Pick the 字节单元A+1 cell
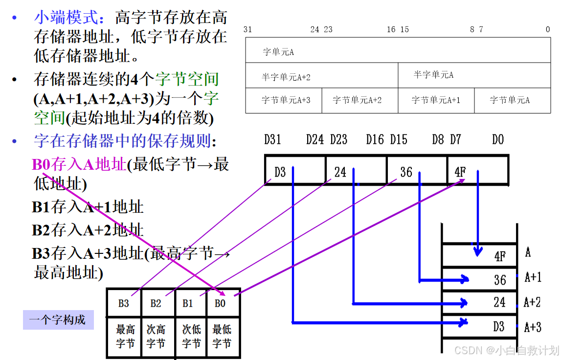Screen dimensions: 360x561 click(x=436, y=100)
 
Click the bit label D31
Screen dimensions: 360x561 click(x=272, y=140)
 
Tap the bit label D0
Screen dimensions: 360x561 click(x=498, y=140)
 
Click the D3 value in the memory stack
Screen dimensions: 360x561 click(x=499, y=326)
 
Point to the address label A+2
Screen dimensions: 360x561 click(x=532, y=302)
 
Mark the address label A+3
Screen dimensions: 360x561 click(x=533, y=327)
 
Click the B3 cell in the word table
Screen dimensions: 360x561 click(x=124, y=303)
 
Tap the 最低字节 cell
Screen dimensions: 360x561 click(x=222, y=336)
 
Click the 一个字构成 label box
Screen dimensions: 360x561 click(x=58, y=320)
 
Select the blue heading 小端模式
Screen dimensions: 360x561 click(x=69, y=18)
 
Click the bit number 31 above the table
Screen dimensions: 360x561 click(x=247, y=29)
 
